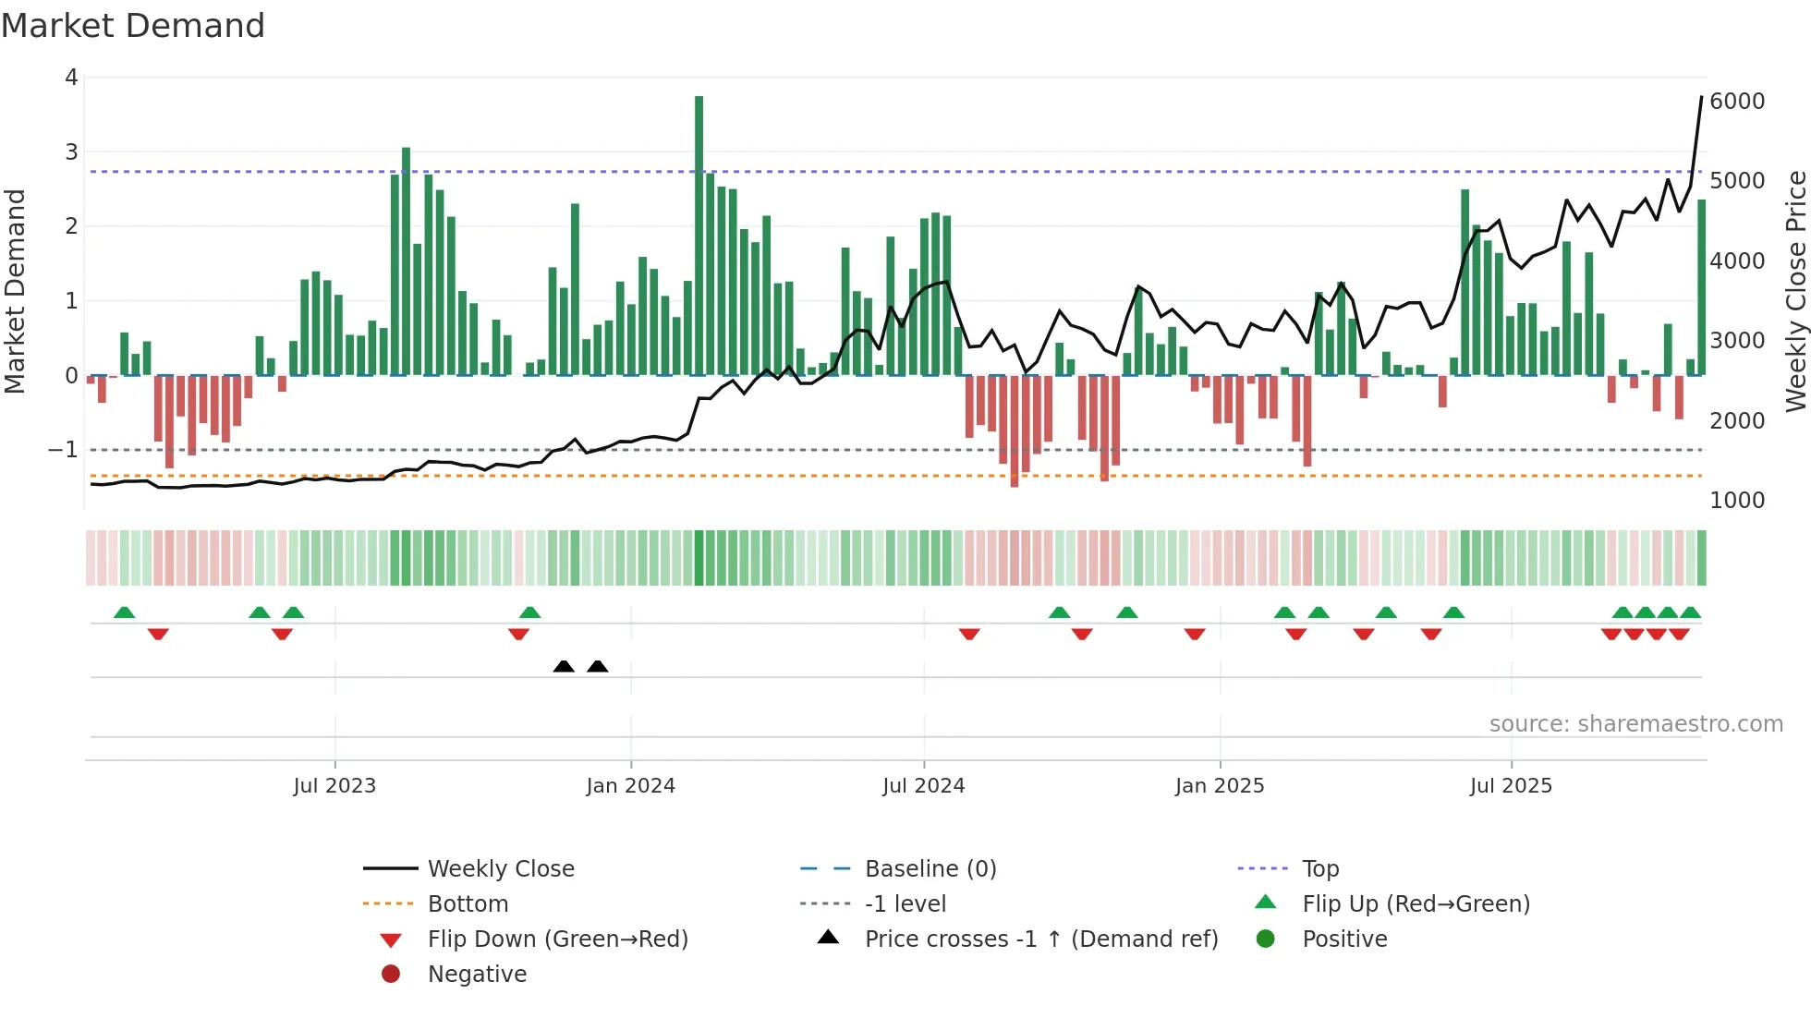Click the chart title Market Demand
(133, 26)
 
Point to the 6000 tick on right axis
(1736, 101)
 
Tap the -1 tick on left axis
(63, 450)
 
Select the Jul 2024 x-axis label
(923, 786)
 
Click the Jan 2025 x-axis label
(1219, 786)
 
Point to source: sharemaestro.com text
(1635, 724)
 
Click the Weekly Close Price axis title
(1795, 291)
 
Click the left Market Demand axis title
(15, 291)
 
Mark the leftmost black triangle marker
(564, 666)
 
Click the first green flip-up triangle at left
(124, 612)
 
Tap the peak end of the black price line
(1701, 97)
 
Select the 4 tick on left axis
(71, 78)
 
